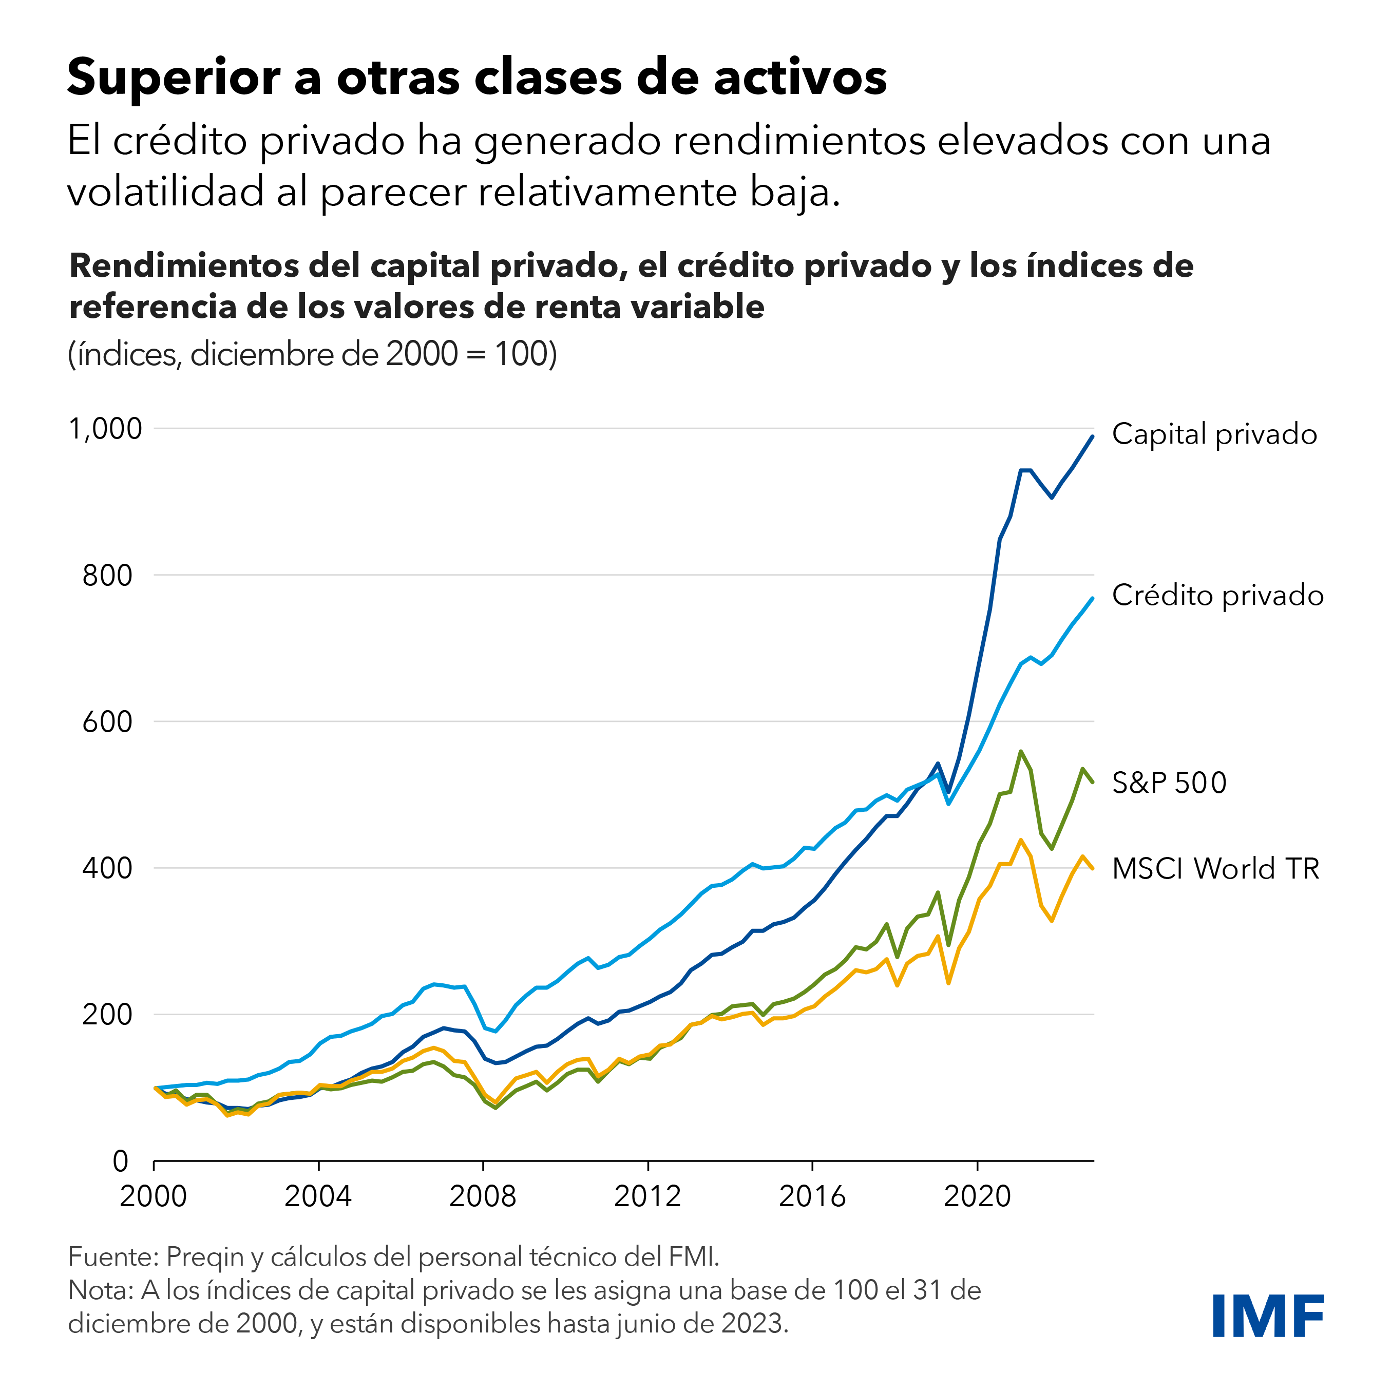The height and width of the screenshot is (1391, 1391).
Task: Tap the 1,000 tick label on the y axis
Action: [x=106, y=429]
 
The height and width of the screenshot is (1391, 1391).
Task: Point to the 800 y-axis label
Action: [x=107, y=575]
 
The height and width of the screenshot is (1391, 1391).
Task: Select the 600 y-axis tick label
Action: [x=107, y=721]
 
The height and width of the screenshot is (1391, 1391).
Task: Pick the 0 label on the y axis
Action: [x=121, y=1160]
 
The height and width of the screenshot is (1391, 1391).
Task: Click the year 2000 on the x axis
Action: [x=154, y=1196]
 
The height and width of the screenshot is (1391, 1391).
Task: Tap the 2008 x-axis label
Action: [x=483, y=1196]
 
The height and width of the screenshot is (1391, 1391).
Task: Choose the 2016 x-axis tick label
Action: [x=812, y=1196]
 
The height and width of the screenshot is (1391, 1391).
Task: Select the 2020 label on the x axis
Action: [x=977, y=1196]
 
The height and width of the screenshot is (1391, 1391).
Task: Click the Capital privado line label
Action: [x=1214, y=434]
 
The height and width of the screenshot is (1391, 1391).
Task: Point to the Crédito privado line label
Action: [x=1217, y=596]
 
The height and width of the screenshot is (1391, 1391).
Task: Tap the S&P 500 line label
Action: [x=1169, y=783]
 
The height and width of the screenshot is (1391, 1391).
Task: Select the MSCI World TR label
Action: [x=1215, y=869]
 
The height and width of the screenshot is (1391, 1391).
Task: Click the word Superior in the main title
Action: [x=174, y=77]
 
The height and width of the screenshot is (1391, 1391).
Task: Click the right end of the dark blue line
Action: [x=1092, y=436]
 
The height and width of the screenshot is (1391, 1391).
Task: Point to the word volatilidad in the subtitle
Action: [x=165, y=192]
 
